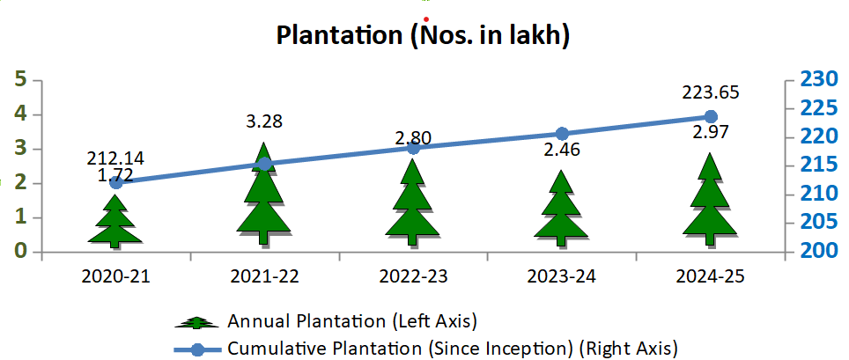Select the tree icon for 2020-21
[115, 221]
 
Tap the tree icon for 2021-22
[264, 198]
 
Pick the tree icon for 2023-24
[561, 211]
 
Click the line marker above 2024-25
[711, 116]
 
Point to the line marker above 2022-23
[413, 148]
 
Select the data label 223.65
[711, 92]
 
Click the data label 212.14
[115, 159]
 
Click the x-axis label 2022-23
[413, 276]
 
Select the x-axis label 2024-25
[711, 276]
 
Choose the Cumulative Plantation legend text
[453, 349]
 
